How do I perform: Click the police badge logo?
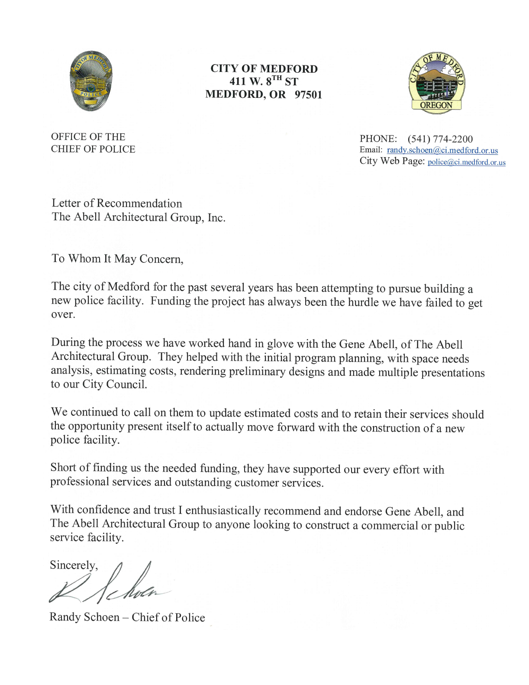click(x=91, y=81)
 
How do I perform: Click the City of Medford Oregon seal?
click(x=436, y=84)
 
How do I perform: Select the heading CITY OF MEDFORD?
click(x=264, y=69)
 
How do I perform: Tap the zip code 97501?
click(x=308, y=95)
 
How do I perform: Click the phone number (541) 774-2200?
click(x=440, y=139)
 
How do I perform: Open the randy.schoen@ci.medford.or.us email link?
click(x=442, y=150)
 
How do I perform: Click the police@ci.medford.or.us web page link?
click(x=466, y=162)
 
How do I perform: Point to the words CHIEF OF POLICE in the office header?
click(x=93, y=149)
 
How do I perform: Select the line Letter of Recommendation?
click(x=117, y=204)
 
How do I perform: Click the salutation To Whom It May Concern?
click(x=117, y=259)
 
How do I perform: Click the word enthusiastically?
click(x=223, y=511)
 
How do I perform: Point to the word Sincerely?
click(x=74, y=565)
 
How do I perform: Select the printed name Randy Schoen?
click(x=84, y=617)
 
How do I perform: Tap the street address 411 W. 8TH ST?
click(x=264, y=81)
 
